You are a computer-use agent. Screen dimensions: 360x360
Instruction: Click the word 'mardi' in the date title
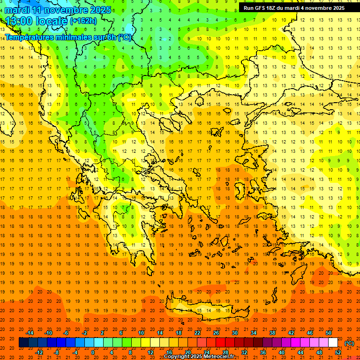16,10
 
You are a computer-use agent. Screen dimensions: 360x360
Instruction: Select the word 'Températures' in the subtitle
30,37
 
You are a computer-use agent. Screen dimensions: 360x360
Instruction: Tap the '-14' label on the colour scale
30,333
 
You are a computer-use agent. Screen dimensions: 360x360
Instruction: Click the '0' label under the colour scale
93,352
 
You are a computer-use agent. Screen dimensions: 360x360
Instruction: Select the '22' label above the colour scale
197,333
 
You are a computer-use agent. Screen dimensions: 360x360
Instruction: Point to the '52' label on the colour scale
337,352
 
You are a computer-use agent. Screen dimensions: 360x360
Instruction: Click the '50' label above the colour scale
329,333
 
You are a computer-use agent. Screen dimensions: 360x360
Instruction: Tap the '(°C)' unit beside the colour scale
349,343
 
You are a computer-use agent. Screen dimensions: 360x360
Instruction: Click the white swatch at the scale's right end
333,343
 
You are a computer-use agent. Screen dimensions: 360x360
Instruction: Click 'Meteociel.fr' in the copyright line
218,357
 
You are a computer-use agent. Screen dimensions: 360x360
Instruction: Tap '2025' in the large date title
100,10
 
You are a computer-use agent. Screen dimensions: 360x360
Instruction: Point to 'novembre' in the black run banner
315,8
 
